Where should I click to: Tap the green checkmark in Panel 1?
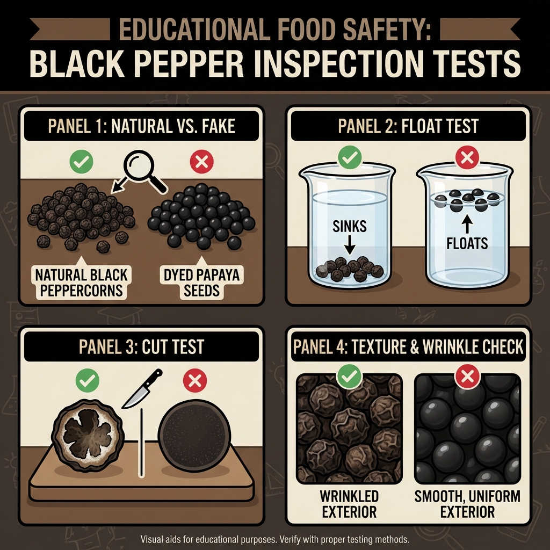(82, 161)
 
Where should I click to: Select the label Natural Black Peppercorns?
(81, 283)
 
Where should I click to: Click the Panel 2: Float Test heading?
(408, 127)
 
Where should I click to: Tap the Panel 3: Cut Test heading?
(141, 346)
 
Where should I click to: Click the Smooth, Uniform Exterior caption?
(467, 503)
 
